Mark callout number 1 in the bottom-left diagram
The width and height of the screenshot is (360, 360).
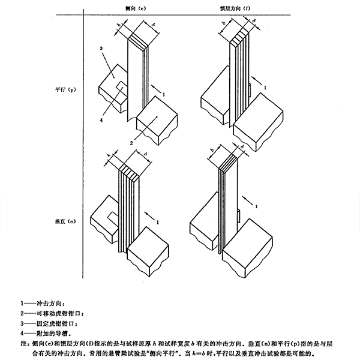157,221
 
